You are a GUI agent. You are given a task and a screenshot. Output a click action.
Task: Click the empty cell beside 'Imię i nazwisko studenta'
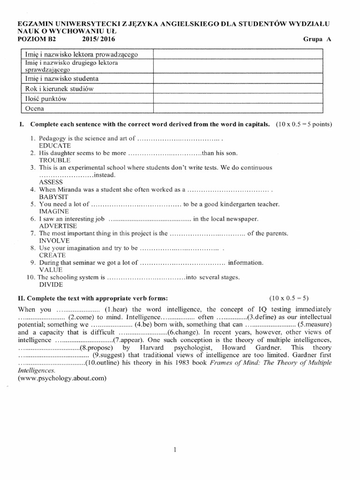coord(237,78)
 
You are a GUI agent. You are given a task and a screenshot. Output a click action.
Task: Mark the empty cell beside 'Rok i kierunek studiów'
coord(237,89)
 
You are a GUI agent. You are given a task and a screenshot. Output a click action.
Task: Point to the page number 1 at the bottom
coord(175,450)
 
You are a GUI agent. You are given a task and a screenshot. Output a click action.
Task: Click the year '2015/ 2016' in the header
coord(98,39)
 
